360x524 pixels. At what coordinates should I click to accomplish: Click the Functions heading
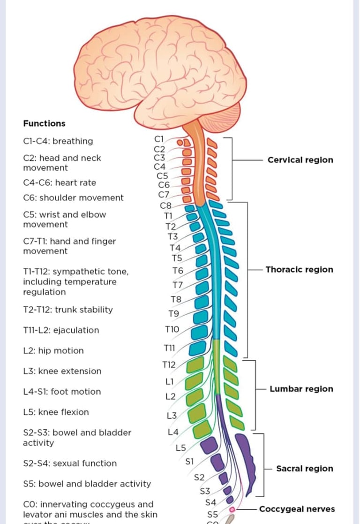[x=44, y=123]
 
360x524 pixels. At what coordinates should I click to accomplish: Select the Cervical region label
[x=300, y=159]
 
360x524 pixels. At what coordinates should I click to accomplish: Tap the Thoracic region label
[x=299, y=269]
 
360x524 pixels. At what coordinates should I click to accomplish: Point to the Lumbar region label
[x=301, y=388]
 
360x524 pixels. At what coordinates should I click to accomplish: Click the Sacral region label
[x=305, y=468]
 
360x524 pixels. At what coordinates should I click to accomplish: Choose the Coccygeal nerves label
[x=297, y=509]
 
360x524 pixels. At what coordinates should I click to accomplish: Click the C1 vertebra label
[x=158, y=138]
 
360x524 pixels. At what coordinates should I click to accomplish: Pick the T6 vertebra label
[x=178, y=271]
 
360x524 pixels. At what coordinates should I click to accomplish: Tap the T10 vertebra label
[x=172, y=330]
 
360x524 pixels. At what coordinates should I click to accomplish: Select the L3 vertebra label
[x=172, y=416]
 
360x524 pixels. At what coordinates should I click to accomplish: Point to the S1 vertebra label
[x=190, y=461]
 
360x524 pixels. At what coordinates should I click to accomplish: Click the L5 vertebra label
[x=181, y=448]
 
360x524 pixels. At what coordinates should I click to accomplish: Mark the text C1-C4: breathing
[x=58, y=141]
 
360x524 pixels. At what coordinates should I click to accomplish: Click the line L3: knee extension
[x=62, y=371]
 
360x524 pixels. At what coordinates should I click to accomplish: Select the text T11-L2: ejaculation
[x=61, y=330]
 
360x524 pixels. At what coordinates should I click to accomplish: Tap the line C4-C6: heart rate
[x=59, y=182]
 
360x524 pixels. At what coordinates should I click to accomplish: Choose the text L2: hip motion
[x=53, y=350]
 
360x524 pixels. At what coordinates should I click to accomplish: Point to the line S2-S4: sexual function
[x=70, y=463]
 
